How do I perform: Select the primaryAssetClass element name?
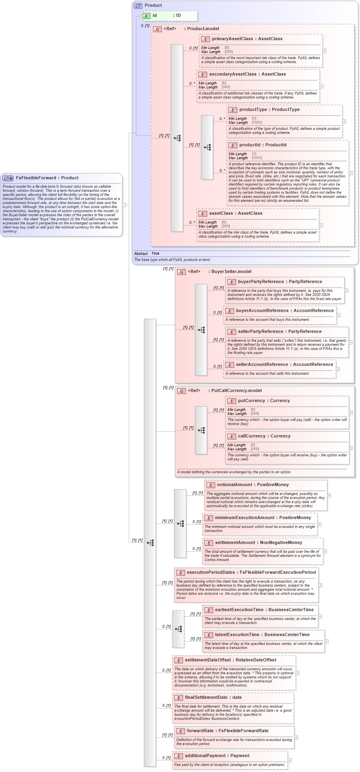232,39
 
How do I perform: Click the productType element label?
255,110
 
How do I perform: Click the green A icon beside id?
146,16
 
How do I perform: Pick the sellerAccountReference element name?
262,365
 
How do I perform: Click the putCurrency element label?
251,401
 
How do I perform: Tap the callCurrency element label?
252,436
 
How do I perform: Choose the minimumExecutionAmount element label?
244,518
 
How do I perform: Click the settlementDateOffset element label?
208,660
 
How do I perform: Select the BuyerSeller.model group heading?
231,272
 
